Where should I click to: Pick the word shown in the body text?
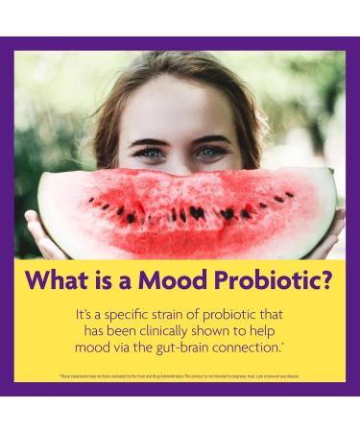click(224, 329)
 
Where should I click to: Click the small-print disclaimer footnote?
click(180, 377)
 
